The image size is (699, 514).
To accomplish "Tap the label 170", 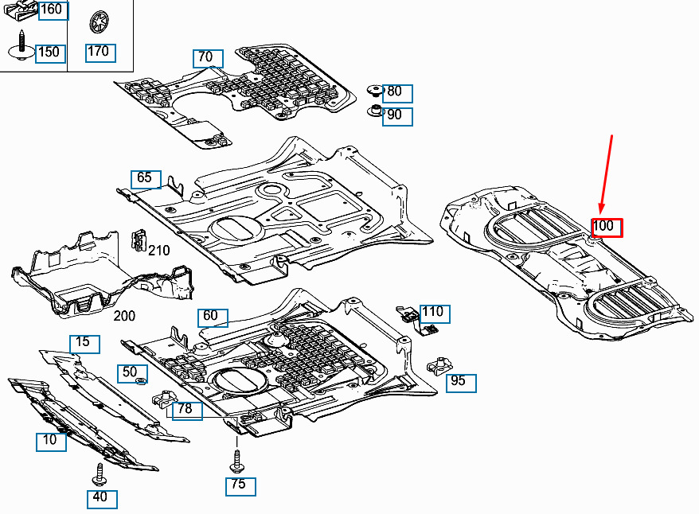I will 100,53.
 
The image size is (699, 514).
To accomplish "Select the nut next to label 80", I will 373,90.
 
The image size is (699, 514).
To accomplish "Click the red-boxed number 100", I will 605,227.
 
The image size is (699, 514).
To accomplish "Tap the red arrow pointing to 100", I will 606,175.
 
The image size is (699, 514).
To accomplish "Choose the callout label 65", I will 146,178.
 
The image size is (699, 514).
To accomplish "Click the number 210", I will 159,251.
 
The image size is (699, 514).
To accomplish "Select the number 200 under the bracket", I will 124,316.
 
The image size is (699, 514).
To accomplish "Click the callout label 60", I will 212,317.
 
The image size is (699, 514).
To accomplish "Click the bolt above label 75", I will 236,460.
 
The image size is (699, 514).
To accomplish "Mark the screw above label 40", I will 100,474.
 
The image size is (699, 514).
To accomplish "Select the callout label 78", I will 186,410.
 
